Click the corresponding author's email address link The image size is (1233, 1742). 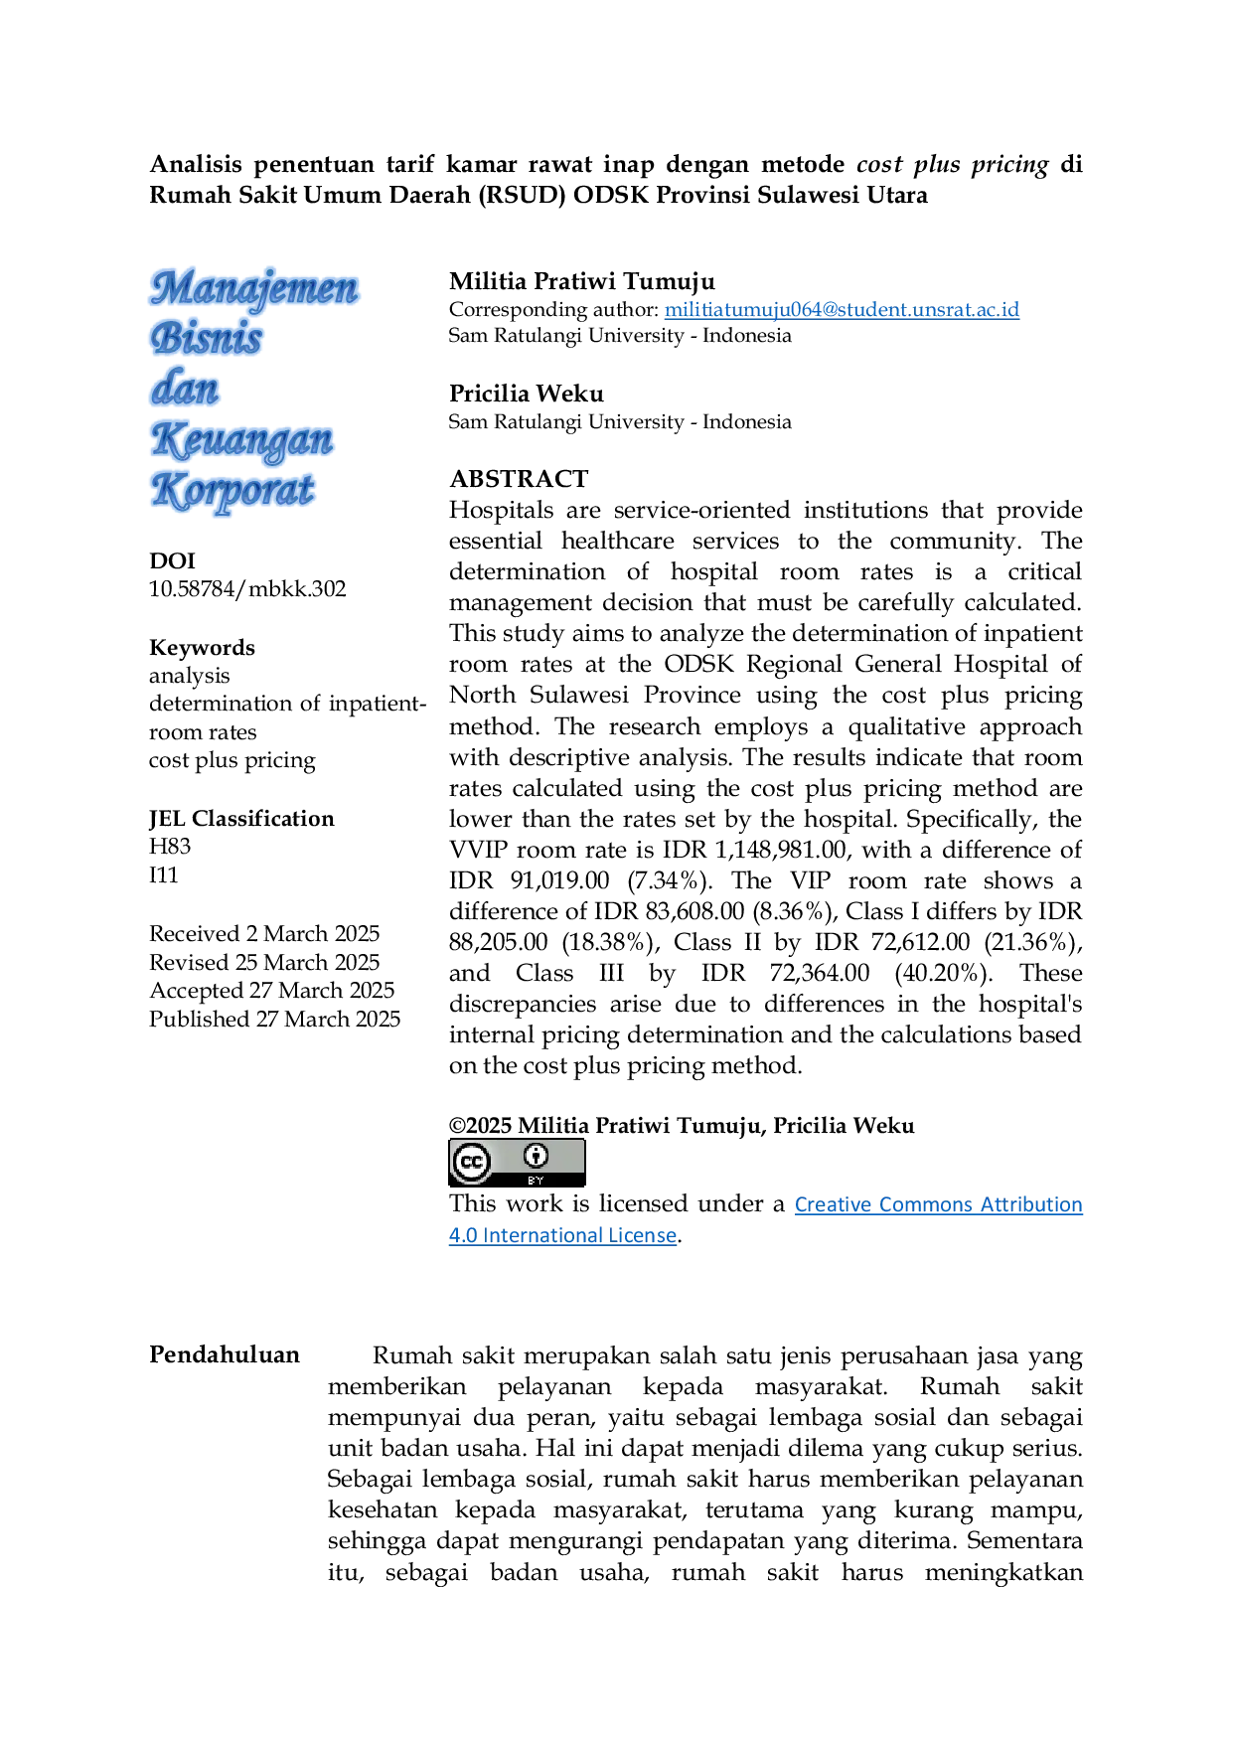click(x=842, y=309)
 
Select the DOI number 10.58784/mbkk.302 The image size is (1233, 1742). click(x=247, y=588)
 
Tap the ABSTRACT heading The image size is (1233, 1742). click(x=519, y=479)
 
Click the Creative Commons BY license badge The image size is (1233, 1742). click(x=517, y=1163)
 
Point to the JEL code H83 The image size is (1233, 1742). click(x=170, y=847)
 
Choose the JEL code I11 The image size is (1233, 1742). click(x=164, y=874)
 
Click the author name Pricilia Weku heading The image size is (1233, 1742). click(x=527, y=394)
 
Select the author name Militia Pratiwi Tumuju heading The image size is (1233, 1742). click(x=582, y=281)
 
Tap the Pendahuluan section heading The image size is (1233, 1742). click(x=225, y=1354)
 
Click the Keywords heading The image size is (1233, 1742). click(x=202, y=648)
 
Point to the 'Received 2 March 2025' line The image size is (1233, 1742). click(x=264, y=933)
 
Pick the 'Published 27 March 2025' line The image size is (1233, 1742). click(x=275, y=1019)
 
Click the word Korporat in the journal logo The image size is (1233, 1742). click(x=232, y=491)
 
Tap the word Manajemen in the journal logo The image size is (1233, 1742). click(x=254, y=288)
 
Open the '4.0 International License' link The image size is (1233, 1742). click(x=562, y=1235)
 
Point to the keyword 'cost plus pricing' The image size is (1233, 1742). click(x=232, y=760)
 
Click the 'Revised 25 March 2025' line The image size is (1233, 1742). click(x=264, y=962)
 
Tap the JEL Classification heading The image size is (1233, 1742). click(x=241, y=819)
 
